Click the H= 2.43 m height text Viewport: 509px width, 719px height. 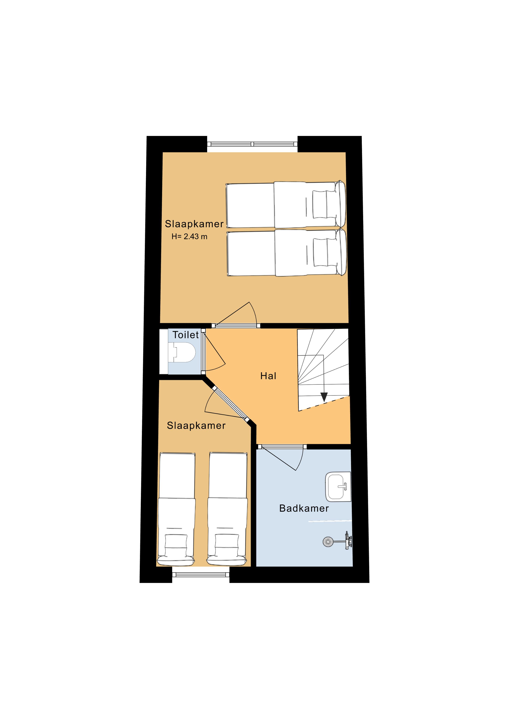[189, 237]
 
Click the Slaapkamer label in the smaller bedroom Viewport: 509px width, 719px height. [196, 426]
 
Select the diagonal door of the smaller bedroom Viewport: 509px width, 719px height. [231, 404]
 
